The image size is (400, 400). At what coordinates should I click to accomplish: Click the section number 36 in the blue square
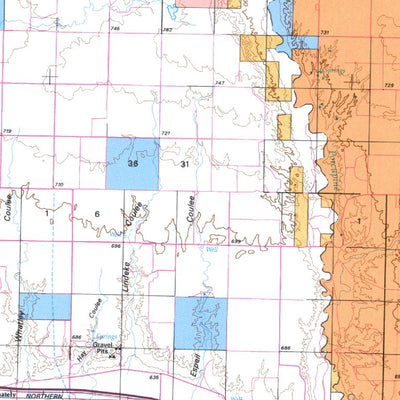pyautogui.click(x=132, y=162)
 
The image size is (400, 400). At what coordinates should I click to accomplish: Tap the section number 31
pyautogui.click(x=184, y=163)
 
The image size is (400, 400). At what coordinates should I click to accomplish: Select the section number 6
pyautogui.click(x=98, y=214)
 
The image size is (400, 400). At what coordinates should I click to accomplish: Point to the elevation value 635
pyautogui.click(x=153, y=378)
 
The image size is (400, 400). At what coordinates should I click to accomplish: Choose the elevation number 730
pyautogui.click(x=59, y=185)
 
